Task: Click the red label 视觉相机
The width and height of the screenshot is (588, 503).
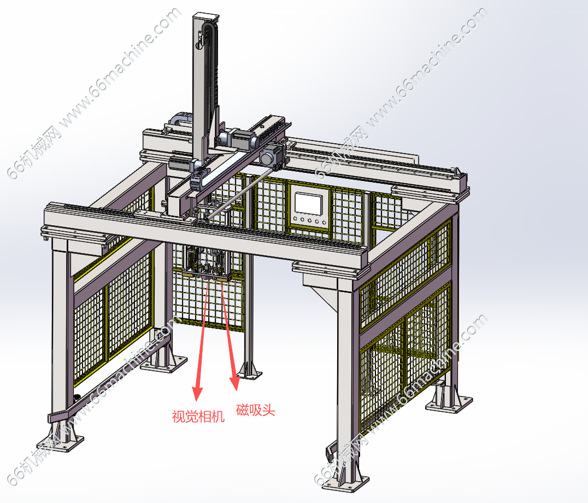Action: pyautogui.click(x=198, y=417)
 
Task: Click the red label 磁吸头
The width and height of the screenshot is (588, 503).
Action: pyautogui.click(x=255, y=410)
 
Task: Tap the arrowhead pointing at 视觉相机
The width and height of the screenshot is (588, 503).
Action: pyautogui.click(x=197, y=393)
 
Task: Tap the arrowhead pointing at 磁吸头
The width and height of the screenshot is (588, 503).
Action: pyautogui.click(x=235, y=383)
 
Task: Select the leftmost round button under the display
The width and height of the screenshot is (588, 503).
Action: pyautogui.click(x=296, y=219)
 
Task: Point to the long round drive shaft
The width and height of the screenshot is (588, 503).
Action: pyautogui.click(x=238, y=194)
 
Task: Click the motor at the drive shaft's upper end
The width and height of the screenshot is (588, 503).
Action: pyautogui.click(x=271, y=155)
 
